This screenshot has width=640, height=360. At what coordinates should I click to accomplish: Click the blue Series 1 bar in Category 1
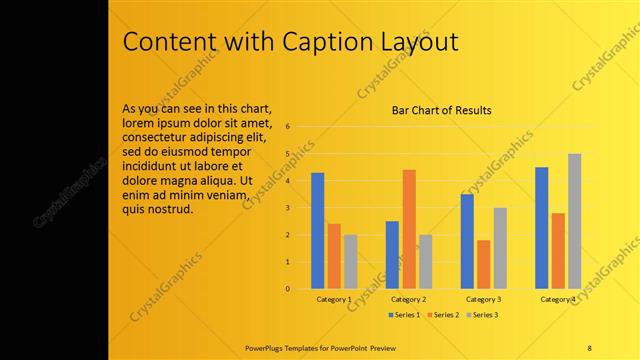pos(317,231)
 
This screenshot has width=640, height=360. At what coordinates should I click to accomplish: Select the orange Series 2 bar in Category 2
pos(408,229)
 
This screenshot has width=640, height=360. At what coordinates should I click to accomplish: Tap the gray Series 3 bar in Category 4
pos(574,221)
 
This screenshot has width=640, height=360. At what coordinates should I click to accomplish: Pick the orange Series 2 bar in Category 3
pos(483,264)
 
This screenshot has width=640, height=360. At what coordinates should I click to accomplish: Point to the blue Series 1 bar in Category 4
pos(541,228)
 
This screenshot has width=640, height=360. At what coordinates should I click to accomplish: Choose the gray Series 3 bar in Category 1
pos(350,262)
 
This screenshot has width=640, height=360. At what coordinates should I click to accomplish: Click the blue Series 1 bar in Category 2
pos(392,255)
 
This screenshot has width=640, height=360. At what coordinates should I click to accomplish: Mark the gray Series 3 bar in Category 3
pos(500,248)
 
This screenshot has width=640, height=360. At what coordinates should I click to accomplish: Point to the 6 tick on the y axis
pos(288,127)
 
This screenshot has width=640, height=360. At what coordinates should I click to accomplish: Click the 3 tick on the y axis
pos(288,208)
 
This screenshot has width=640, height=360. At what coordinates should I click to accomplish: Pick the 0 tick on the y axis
pos(288,289)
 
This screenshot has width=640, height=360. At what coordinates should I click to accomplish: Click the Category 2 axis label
pos(408,299)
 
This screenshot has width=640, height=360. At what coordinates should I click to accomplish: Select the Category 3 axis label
pos(483,299)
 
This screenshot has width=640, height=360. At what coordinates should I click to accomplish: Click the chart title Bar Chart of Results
pos(441,110)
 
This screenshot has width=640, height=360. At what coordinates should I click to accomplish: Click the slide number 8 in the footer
pos(589,346)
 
